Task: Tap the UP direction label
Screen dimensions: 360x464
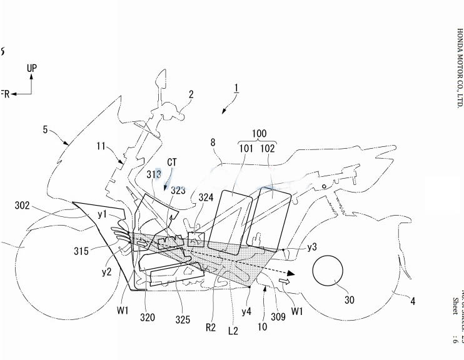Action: tap(32, 67)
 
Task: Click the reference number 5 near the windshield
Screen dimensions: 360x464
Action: tap(45, 129)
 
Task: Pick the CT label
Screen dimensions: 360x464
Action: tap(171, 162)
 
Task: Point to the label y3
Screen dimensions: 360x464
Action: tap(312, 247)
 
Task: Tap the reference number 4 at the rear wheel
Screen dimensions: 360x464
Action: tap(412, 301)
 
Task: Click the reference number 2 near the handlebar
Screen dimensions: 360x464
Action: tap(191, 94)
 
